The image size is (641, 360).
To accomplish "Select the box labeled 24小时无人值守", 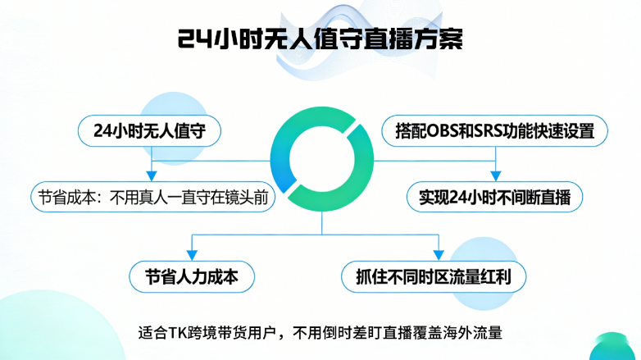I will pos(149,130).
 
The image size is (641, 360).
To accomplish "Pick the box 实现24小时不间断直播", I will pos(494,198).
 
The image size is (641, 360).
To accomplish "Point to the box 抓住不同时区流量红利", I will pos(434,277).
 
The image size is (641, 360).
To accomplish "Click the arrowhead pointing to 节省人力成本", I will pos(193,254).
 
